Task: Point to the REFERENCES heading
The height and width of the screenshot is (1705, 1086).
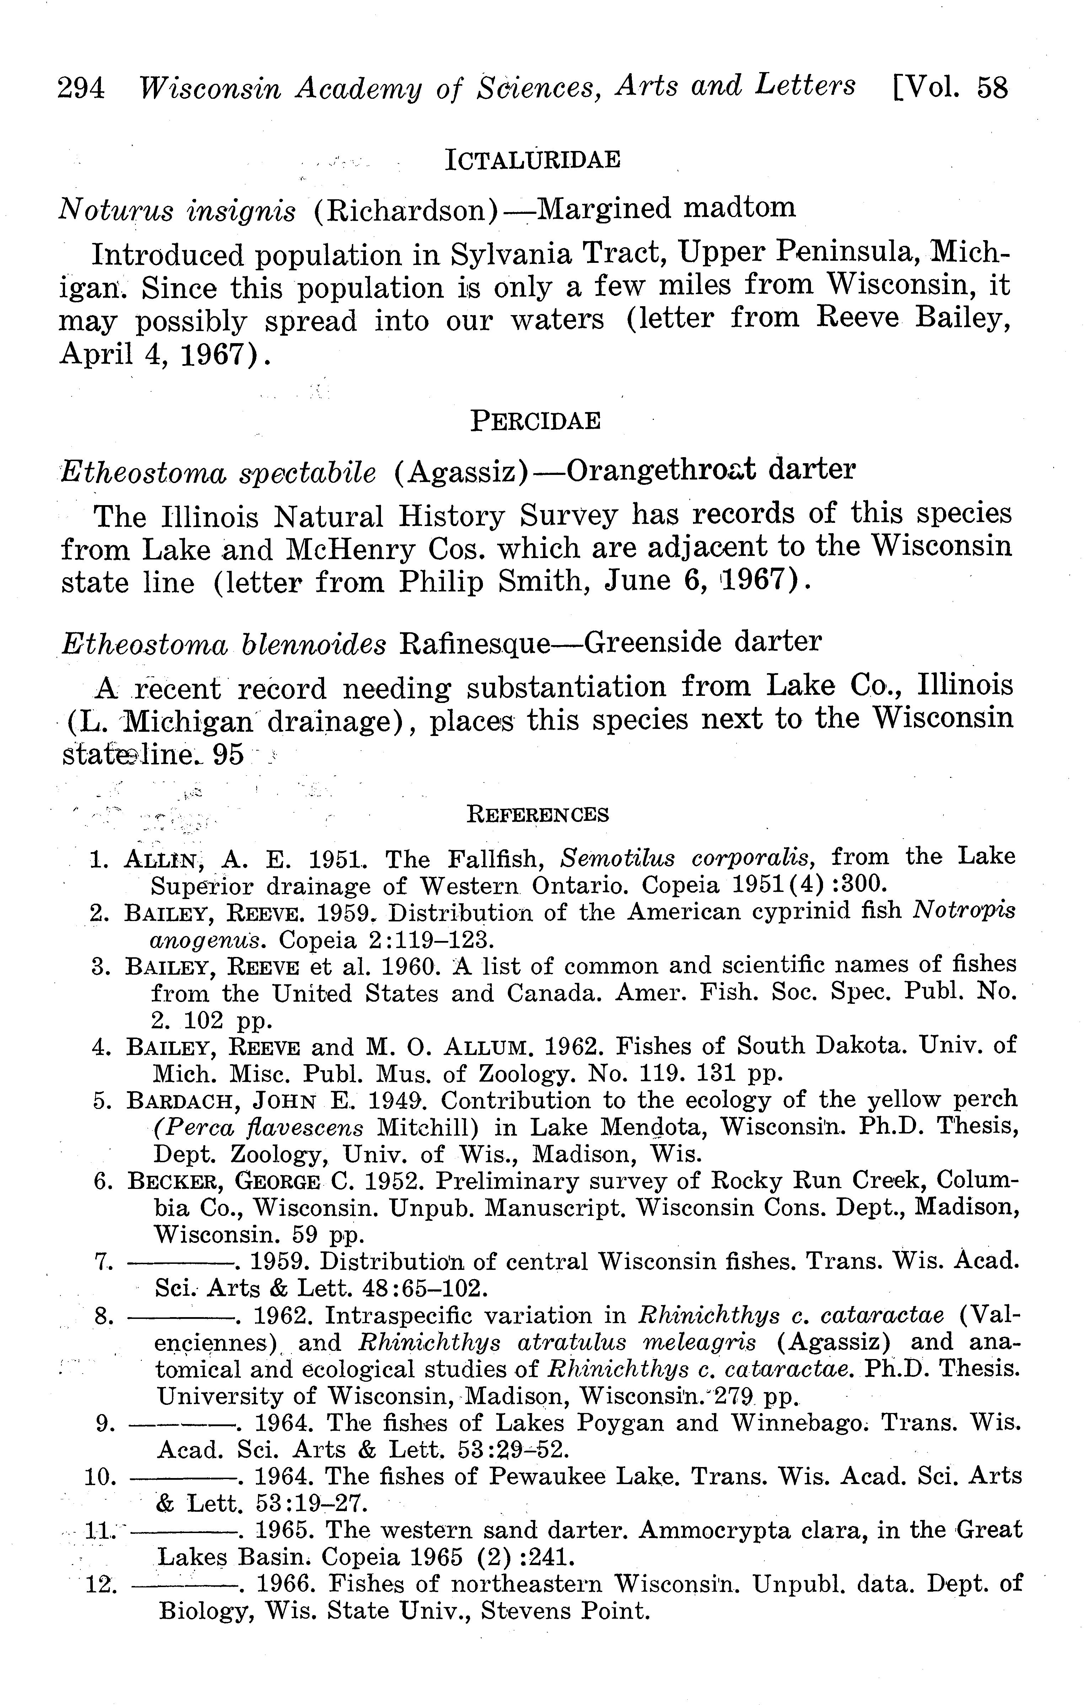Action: click(x=538, y=815)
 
